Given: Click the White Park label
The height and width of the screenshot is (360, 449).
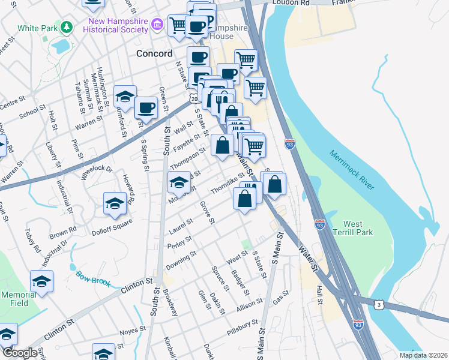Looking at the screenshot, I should point(37,28).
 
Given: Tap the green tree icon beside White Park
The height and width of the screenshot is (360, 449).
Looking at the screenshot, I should point(67,28).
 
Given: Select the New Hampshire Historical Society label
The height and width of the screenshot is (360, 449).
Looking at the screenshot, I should point(118,25).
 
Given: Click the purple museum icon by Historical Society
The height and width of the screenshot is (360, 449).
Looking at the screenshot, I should point(158,25).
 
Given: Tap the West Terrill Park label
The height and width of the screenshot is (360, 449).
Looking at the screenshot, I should point(355,227).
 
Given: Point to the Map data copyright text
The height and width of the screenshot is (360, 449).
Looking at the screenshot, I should point(423,355).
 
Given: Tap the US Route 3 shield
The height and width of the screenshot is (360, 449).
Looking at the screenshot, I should point(379,305).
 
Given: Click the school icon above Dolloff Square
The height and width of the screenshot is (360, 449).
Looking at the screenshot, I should point(115,203).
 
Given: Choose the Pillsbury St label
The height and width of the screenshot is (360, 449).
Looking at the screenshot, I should point(243,328).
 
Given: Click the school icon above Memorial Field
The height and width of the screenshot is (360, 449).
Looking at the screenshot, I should point(41,280).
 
